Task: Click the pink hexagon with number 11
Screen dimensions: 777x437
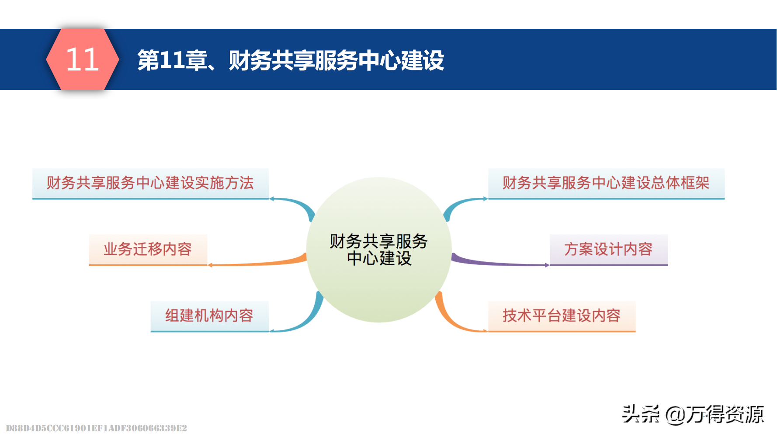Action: coord(82,59)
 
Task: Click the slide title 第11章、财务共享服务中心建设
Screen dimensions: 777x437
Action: coord(291,60)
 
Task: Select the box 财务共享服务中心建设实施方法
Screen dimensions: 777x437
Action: coord(150,183)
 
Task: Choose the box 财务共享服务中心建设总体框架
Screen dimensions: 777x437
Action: coord(606,183)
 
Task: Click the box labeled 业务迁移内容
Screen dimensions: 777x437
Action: coord(148,250)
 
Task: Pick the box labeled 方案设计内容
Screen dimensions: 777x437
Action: coord(608,250)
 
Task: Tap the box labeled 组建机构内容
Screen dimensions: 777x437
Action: coord(209,316)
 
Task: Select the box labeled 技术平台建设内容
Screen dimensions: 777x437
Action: coord(562,316)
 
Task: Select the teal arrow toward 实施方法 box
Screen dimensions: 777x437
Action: coord(297,204)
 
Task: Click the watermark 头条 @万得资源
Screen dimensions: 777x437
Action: coord(693,414)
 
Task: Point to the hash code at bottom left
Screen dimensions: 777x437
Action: coord(96,428)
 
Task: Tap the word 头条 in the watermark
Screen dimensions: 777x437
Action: coord(641,414)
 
